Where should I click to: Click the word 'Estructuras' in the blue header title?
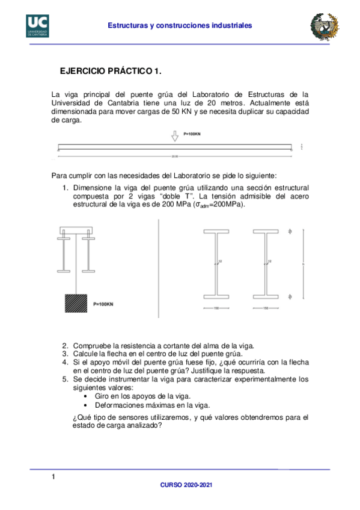(x=127, y=26)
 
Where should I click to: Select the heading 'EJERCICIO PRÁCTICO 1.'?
(x=111, y=72)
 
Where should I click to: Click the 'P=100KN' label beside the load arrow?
(x=192, y=134)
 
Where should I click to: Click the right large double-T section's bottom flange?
(x=265, y=296)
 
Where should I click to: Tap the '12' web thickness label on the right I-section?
(x=269, y=262)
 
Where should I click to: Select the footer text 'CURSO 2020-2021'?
(x=186, y=485)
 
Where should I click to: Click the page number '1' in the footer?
(x=53, y=477)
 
